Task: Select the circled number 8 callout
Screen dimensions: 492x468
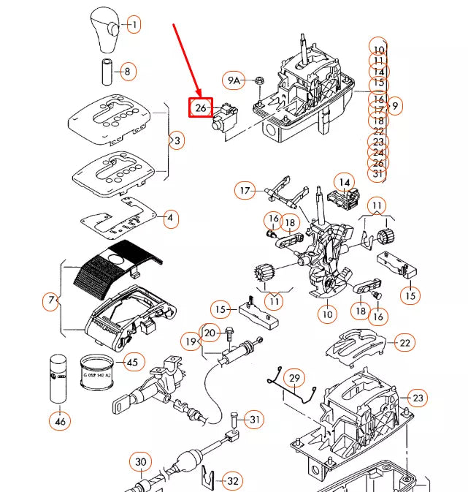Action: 127,71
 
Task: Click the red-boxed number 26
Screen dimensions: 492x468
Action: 201,108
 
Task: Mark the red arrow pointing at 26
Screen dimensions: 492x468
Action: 185,61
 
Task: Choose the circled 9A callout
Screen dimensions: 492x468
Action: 234,80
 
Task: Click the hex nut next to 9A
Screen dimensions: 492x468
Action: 258,80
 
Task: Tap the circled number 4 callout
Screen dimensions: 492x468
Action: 169,218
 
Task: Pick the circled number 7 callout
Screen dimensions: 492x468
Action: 51,300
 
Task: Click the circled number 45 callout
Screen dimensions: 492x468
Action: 132,361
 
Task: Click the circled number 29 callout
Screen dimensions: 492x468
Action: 294,378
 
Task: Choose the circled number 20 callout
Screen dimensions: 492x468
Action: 210,333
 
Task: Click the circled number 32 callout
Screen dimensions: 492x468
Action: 232,480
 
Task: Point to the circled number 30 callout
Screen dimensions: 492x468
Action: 141,462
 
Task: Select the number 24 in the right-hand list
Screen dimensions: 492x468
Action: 378,152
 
